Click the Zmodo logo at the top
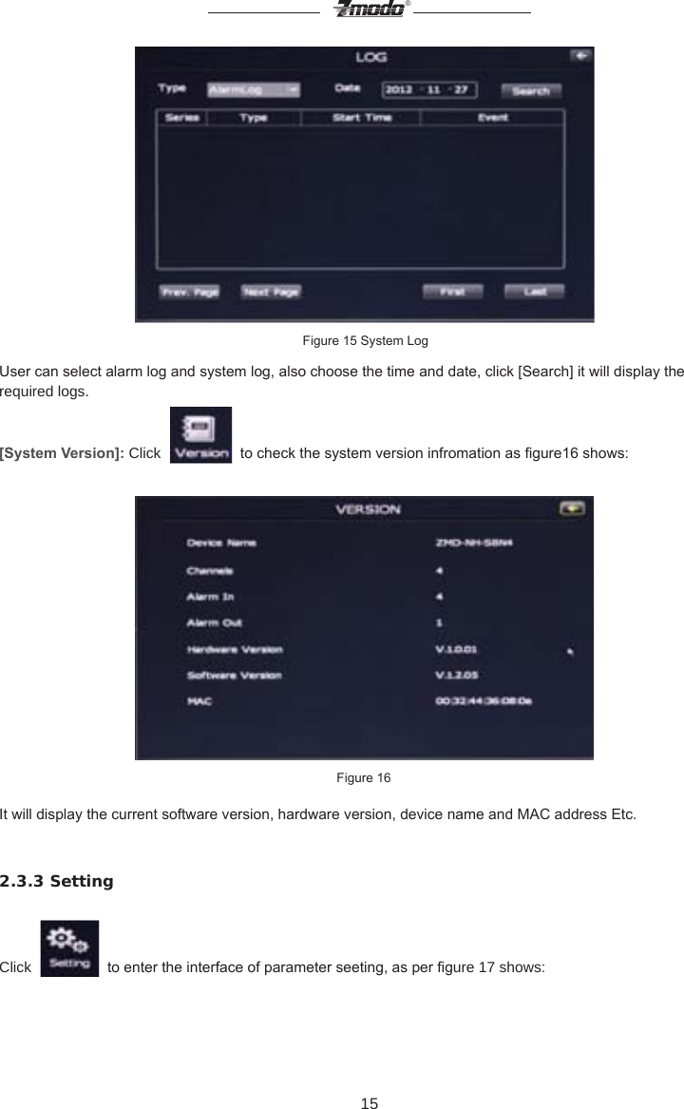click(x=369, y=10)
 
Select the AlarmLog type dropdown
click(x=253, y=90)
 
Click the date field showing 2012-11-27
click(x=428, y=90)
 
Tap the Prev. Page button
click(x=189, y=293)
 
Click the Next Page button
click(x=271, y=293)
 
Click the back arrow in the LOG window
click(x=580, y=56)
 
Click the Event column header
click(x=492, y=118)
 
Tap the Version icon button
click(x=199, y=435)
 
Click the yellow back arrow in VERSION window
click(x=572, y=508)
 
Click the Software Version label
click(x=234, y=676)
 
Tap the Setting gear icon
click(x=69, y=947)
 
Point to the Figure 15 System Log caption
click(x=365, y=340)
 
